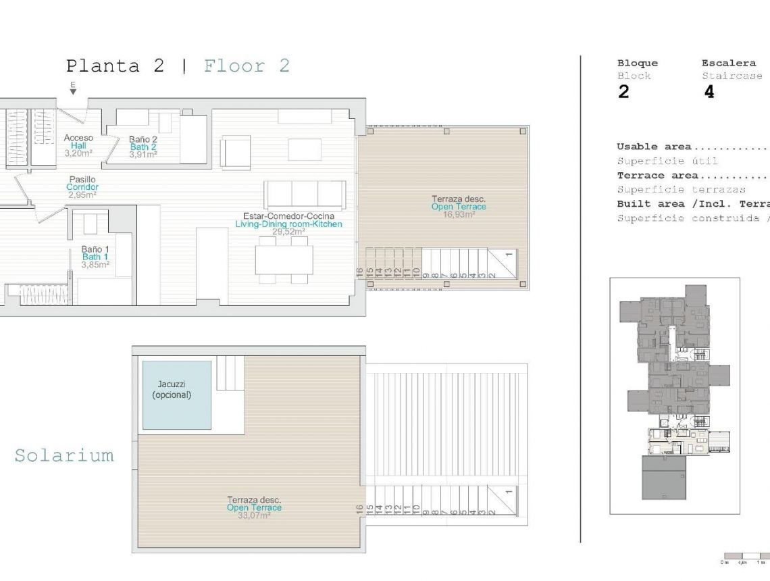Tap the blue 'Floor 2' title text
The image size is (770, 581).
tap(247, 66)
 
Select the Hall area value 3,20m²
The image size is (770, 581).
tap(78, 153)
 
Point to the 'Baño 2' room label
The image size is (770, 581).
tap(143, 139)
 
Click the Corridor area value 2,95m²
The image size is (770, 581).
tap(82, 195)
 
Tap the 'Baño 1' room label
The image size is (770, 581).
tap(95, 249)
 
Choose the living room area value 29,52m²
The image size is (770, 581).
tap(288, 232)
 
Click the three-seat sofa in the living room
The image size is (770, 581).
tap(305, 194)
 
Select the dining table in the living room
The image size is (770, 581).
tap(284, 259)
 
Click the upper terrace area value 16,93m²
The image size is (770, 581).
tap(459, 215)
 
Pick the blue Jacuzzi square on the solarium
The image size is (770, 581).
tap(176, 395)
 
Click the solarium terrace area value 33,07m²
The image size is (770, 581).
tap(253, 515)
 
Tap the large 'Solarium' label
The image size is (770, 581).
tap(64, 455)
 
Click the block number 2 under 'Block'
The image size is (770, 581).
tap(623, 93)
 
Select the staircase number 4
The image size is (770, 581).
tap(709, 93)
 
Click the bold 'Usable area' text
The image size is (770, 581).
tap(654, 147)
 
